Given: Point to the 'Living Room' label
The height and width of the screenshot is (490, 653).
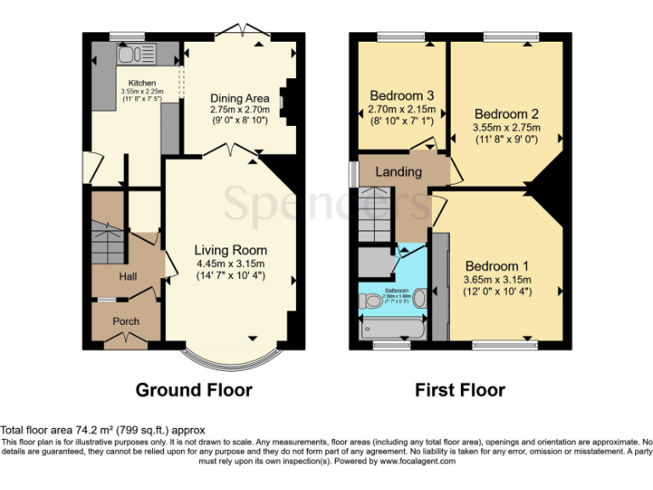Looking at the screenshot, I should pyautogui.click(x=230, y=250).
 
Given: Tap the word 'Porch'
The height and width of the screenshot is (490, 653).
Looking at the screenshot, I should pyautogui.click(x=126, y=321).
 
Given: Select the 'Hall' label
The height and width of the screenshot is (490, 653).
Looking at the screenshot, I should pyautogui.click(x=128, y=276).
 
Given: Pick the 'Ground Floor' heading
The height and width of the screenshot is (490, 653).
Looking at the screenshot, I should pyautogui.click(x=194, y=390).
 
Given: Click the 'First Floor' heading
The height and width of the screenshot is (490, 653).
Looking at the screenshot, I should pyautogui.click(x=460, y=390).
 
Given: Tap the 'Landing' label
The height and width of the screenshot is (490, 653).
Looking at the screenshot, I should pyautogui.click(x=399, y=172).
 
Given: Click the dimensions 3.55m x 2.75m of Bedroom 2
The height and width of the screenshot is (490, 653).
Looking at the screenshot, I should pyautogui.click(x=507, y=128).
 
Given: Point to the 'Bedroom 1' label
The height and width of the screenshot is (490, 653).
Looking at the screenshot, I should pyautogui.click(x=497, y=265).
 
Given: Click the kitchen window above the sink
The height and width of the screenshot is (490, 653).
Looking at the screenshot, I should pyautogui.click(x=127, y=36).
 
